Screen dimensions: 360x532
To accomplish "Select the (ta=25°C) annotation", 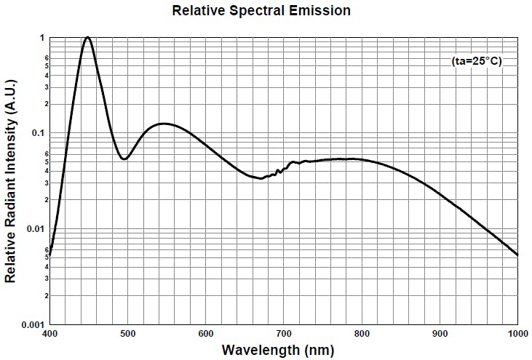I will (x=477, y=62).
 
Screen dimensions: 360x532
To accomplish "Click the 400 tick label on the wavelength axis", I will (x=49, y=334).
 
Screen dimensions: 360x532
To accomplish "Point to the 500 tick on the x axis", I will (x=127, y=334).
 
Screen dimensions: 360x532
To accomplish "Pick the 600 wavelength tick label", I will (x=206, y=334).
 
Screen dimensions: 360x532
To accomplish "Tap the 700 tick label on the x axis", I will (x=284, y=334).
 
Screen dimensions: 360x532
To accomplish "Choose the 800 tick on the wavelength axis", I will (x=362, y=334).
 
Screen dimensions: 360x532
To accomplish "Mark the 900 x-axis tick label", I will (x=440, y=334).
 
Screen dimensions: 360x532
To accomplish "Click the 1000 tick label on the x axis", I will (x=516, y=334).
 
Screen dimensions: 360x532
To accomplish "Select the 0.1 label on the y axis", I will (x=37, y=133).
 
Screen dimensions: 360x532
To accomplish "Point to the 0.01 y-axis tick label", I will (x=34, y=229).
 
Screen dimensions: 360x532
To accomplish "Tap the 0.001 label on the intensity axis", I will (x=32, y=324).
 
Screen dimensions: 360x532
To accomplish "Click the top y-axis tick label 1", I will (x=42, y=38).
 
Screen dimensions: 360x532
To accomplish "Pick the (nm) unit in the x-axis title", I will (x=319, y=350).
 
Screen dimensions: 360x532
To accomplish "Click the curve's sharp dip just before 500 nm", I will (x=124, y=159).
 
